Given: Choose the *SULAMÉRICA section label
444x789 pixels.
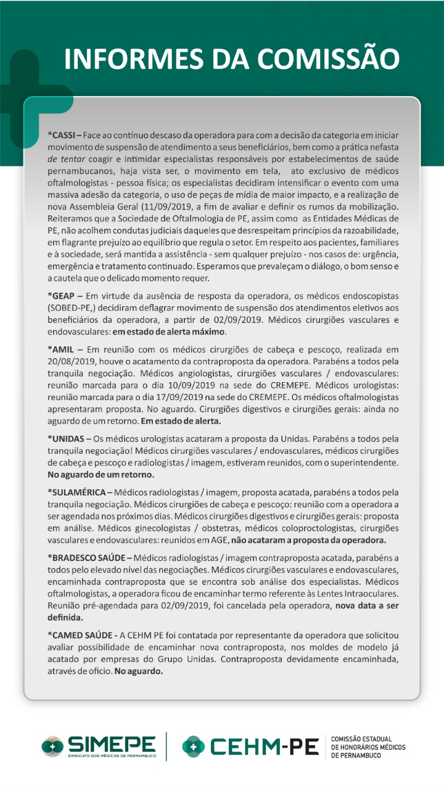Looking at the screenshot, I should pyautogui.click(x=77, y=493).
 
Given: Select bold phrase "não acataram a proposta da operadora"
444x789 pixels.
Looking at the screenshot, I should pyautogui.click(x=308, y=541).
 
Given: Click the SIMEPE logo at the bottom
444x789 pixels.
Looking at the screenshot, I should pyautogui.click(x=99, y=746).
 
